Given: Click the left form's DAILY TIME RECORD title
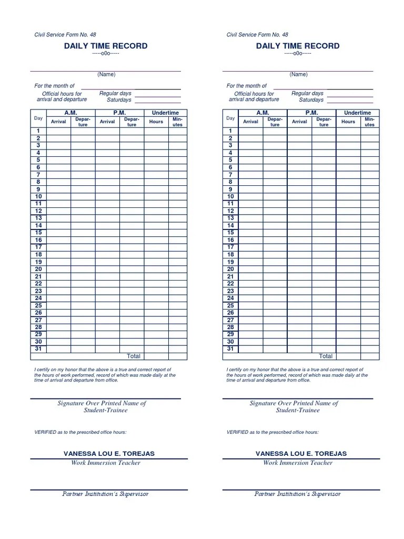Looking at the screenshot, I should [x=106, y=46].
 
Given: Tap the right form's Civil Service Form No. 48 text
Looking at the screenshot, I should [x=257, y=35].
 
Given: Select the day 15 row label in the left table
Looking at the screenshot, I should [x=38, y=233].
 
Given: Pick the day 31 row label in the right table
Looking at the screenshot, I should [x=230, y=348].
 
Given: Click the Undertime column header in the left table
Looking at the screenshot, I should [x=165, y=113].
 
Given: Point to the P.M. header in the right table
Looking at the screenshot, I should [x=311, y=113].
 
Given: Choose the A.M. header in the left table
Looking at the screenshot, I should [x=70, y=113].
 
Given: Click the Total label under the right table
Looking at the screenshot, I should [x=326, y=356].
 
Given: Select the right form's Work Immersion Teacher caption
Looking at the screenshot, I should [x=298, y=463].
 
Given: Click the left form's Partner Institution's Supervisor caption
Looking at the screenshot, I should [x=106, y=494].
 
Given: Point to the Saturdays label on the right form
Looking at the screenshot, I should [x=311, y=100].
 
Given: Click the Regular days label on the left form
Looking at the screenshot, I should [x=115, y=93].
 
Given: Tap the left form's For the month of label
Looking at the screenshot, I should [x=55, y=86].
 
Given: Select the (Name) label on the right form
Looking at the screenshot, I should [x=298, y=75].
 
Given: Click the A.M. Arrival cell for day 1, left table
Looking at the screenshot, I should [x=58, y=131].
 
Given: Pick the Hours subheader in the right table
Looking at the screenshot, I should [x=348, y=122].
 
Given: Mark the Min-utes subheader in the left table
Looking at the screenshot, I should [x=177, y=122].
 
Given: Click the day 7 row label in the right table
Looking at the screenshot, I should [x=230, y=175].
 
